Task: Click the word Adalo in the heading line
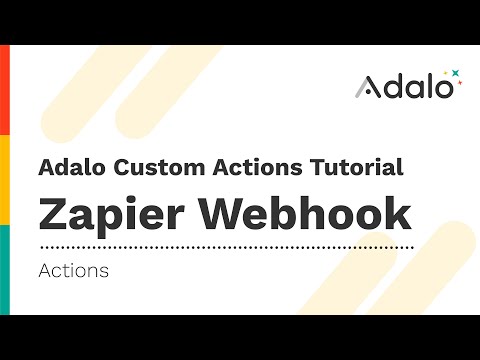click(66, 167)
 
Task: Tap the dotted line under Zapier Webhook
click(225, 246)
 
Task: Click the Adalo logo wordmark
click(405, 86)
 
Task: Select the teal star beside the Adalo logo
click(455, 73)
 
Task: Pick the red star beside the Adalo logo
click(447, 72)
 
